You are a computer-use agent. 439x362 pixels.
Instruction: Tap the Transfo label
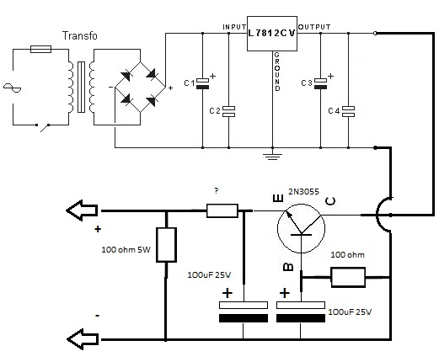(79, 35)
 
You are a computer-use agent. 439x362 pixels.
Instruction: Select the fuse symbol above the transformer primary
(40, 49)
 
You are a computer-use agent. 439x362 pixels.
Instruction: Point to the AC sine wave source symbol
(12, 88)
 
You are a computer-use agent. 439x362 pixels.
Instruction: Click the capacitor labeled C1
(202, 83)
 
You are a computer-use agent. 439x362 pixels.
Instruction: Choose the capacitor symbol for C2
(228, 111)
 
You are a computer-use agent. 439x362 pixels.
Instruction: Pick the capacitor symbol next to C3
(320, 83)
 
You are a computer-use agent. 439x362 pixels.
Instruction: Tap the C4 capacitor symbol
(348, 111)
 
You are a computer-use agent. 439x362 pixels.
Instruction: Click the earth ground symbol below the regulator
(272, 157)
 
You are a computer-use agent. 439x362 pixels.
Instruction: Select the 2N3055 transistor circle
(301, 228)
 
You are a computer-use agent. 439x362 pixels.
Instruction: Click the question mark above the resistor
(216, 191)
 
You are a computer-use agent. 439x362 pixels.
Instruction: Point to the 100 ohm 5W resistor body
(166, 245)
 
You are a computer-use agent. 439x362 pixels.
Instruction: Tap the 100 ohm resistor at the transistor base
(348, 278)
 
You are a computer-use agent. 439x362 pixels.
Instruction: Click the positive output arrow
(82, 210)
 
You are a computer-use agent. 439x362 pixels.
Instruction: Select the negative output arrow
(83, 339)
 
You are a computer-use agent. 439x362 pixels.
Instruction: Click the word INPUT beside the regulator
(234, 27)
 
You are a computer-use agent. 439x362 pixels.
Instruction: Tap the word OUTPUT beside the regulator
(314, 27)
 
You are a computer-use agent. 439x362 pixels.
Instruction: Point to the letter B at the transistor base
(288, 267)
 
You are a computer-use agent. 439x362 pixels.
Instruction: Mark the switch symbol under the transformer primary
(43, 127)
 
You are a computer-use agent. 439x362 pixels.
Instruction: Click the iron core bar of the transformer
(81, 87)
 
